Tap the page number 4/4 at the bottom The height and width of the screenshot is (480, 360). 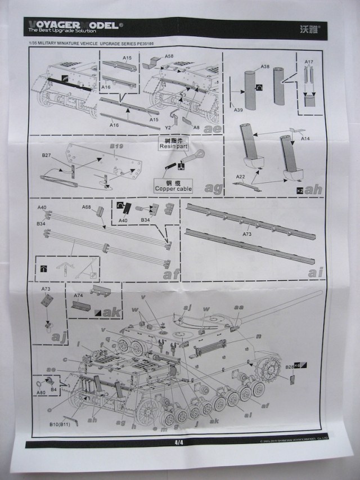[x=179, y=442]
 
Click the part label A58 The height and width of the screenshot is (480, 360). [x=169, y=57]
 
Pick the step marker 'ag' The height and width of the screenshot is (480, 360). [x=214, y=187]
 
